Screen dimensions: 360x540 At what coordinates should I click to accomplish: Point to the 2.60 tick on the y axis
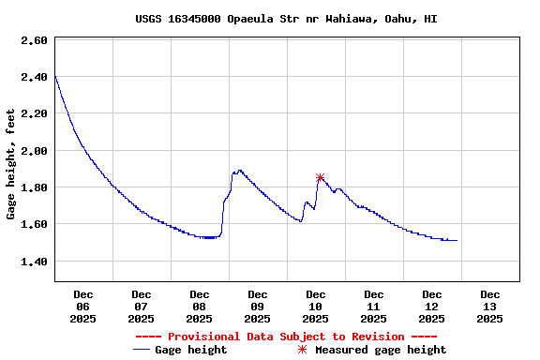click(34, 40)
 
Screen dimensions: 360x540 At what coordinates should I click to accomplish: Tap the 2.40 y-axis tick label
click(34, 77)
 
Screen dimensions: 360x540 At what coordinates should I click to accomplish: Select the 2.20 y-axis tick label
click(34, 113)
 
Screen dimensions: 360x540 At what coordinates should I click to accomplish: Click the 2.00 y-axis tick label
click(34, 151)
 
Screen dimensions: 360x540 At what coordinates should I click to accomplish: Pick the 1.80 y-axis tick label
click(34, 187)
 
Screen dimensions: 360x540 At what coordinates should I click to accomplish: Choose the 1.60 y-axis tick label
click(34, 224)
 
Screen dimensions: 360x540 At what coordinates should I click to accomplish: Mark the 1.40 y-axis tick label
click(34, 262)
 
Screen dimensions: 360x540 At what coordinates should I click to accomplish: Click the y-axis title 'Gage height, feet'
click(11, 164)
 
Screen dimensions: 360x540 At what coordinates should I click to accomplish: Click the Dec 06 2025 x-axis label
click(83, 306)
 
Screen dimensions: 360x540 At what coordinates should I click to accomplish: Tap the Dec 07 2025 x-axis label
click(142, 306)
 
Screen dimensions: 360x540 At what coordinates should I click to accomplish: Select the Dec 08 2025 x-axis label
click(200, 306)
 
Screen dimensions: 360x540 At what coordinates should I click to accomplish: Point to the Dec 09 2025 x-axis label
click(258, 306)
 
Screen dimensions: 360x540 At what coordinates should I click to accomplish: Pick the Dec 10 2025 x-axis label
click(316, 306)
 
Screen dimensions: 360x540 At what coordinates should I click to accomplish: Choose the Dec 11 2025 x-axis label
click(374, 306)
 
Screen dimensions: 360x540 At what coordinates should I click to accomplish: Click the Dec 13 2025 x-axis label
click(489, 306)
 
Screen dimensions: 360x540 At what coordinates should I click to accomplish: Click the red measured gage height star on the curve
click(321, 177)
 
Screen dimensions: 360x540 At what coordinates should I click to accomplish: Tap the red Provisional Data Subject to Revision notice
click(286, 337)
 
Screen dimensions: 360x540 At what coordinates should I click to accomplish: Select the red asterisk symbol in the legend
click(302, 350)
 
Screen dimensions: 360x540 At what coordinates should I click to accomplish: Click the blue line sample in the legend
click(142, 350)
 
